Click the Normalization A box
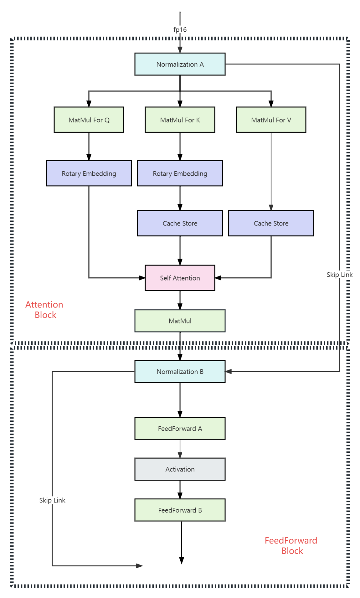click(x=180, y=64)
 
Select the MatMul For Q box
click(x=89, y=120)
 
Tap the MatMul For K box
click(x=180, y=120)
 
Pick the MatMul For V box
click(x=271, y=120)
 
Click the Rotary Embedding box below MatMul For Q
click(x=89, y=173)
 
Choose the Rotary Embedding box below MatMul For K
click(x=180, y=173)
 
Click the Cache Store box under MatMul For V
click(x=271, y=223)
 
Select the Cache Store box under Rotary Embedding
click(x=180, y=223)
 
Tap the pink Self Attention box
click(x=180, y=278)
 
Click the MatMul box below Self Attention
click(x=180, y=321)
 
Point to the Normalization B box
click(x=180, y=371)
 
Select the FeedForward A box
click(x=180, y=428)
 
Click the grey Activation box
click(x=180, y=469)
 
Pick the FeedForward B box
click(x=180, y=510)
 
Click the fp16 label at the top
click(x=180, y=30)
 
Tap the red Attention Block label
click(x=44, y=309)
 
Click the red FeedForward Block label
click(x=291, y=545)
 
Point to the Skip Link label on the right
click(x=339, y=275)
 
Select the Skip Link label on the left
click(x=52, y=500)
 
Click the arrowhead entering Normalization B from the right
click(x=229, y=371)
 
